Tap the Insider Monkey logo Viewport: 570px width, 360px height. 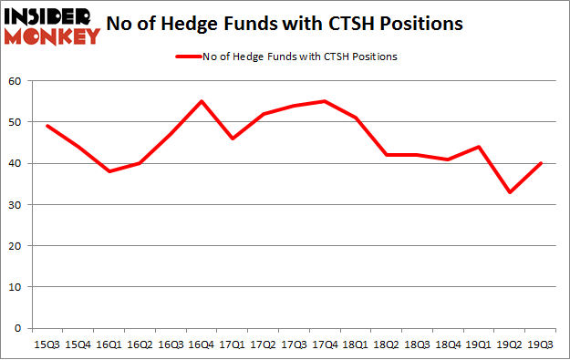51,25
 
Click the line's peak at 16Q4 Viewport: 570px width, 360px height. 201,101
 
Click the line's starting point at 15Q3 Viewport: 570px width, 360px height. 47,126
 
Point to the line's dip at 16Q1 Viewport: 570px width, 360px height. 109,171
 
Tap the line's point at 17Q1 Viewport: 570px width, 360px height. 232,139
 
